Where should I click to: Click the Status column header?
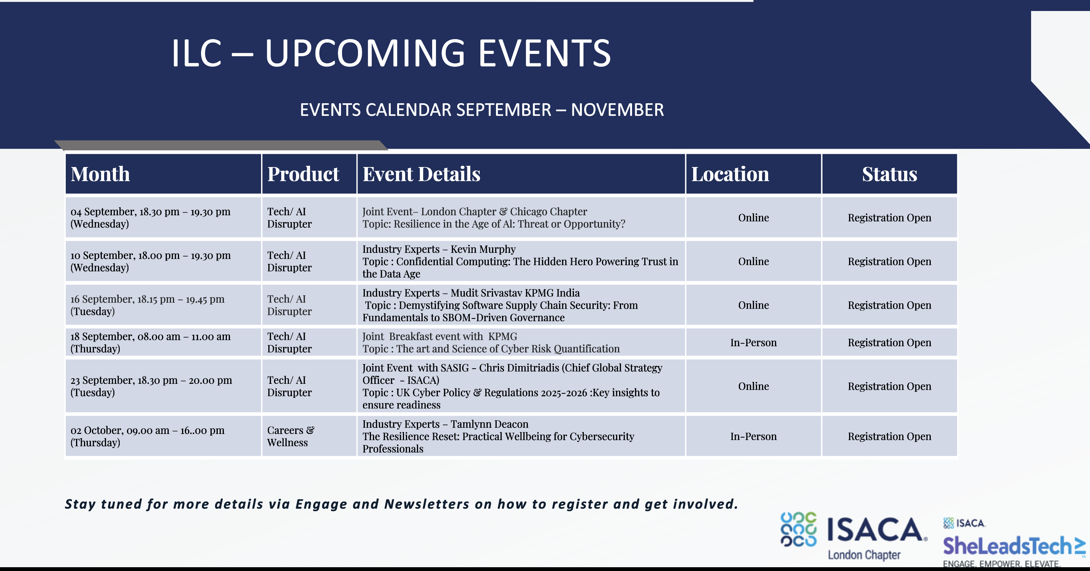tap(889, 174)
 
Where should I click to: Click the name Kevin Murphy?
tap(483, 249)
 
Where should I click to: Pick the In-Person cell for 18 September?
tap(754, 342)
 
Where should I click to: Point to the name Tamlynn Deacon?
tap(490, 424)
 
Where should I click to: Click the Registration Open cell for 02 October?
tap(889, 436)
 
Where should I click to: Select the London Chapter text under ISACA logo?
tap(864, 555)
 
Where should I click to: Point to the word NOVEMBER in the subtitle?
tap(617, 110)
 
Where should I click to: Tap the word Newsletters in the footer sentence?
tap(427, 504)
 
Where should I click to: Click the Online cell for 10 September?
tap(754, 261)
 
